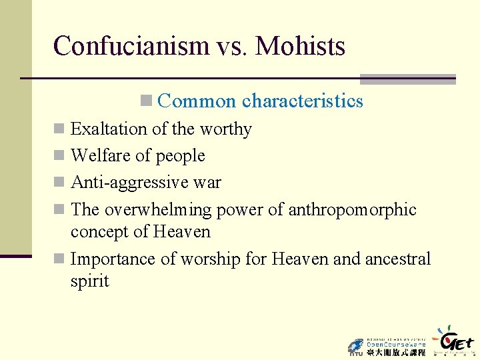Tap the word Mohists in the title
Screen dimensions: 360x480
tap(300, 46)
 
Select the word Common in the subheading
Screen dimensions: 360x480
tap(197, 101)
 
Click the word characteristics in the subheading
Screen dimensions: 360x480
tap(303, 101)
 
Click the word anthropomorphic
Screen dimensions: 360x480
tap(352, 209)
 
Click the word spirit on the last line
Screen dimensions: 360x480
tap(89, 281)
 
